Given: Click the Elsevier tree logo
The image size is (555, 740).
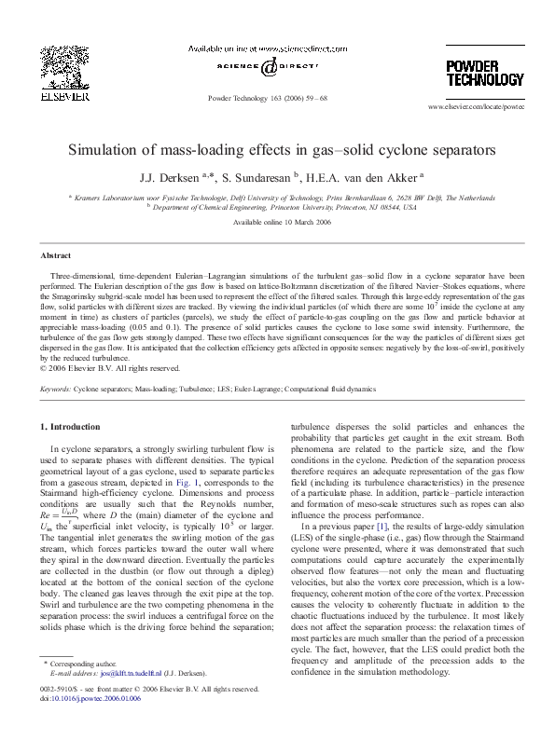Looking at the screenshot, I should point(70,72).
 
